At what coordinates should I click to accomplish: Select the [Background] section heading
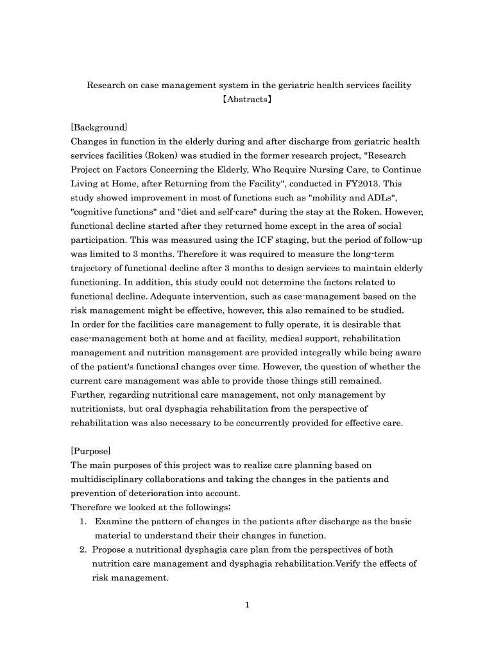99,127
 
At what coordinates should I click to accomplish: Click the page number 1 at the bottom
247,604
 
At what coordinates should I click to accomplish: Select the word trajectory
91,268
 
